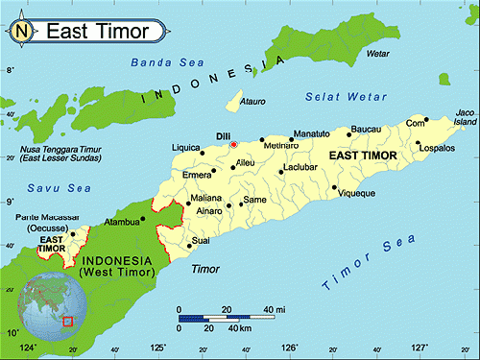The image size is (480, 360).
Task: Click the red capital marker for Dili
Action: click(233, 144)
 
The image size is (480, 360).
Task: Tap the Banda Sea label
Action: click(156, 64)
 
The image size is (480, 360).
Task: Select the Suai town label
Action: click(202, 240)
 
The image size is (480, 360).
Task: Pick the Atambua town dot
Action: click(143, 218)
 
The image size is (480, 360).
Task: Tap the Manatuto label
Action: click(311, 132)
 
